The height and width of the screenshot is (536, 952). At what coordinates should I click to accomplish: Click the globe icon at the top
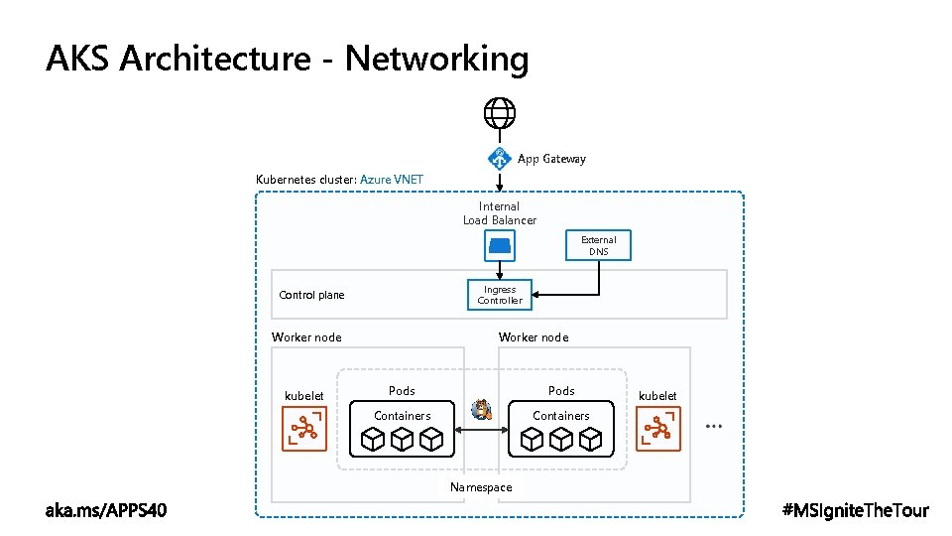point(500,113)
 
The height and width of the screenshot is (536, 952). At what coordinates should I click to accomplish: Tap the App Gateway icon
point(500,158)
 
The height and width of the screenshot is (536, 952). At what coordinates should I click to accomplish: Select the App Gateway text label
point(551,159)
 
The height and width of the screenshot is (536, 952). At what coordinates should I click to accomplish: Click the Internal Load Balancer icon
point(500,244)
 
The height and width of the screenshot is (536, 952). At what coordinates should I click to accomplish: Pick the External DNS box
point(598,245)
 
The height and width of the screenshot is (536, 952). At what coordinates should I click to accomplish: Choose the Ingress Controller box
point(500,295)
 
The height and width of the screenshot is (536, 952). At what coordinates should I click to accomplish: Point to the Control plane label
point(312,295)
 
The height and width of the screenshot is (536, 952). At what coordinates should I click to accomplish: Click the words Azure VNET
point(392,180)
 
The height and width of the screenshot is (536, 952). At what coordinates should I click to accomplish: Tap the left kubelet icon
point(303,430)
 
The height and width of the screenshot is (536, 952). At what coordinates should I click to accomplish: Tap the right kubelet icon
point(658,430)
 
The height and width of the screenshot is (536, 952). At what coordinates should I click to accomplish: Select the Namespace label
point(481,487)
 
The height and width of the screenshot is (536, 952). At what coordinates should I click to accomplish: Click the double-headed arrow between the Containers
point(482,429)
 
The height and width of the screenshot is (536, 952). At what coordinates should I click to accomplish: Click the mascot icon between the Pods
point(483,409)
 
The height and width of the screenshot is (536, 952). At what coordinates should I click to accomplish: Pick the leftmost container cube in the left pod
point(372,439)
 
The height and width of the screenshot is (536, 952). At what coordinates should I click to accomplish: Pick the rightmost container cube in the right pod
point(591,439)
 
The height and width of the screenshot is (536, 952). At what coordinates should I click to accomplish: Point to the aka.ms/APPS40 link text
point(107,510)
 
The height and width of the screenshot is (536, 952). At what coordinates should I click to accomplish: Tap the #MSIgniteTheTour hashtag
point(856,510)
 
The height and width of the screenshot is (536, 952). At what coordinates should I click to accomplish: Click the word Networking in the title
point(436,60)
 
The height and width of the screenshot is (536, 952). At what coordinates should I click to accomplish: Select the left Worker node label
point(306,337)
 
